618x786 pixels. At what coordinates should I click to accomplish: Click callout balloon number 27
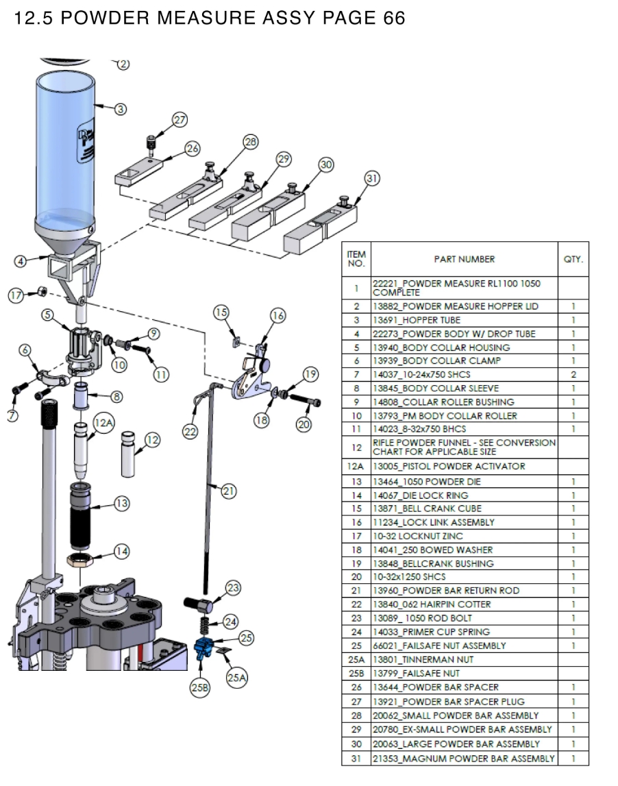(180, 120)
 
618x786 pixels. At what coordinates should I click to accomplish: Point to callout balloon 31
(371, 179)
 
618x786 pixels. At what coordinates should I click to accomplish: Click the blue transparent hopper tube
(65, 151)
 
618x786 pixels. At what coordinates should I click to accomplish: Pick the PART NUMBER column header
(464, 259)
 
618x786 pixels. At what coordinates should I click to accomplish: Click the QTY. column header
(573, 259)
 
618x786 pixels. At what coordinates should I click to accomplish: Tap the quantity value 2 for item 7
(573, 375)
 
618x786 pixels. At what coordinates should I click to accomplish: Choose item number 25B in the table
(356, 673)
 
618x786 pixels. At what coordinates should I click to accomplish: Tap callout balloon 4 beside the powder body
(22, 261)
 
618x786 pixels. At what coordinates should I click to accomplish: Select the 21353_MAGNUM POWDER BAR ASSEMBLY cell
(463, 759)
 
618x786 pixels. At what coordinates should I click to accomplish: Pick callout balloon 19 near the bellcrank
(310, 374)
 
